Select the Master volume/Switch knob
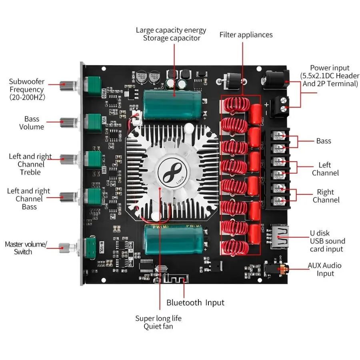pyautogui.click(x=65, y=247)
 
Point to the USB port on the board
pyautogui.click(x=278, y=237)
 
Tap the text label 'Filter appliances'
pyautogui.click(x=246, y=35)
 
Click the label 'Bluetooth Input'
pyautogui.click(x=195, y=303)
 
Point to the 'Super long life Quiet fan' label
pyautogui.click(x=158, y=322)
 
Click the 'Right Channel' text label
pyautogui.click(x=326, y=196)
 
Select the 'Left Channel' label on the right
pyautogui.click(x=325, y=169)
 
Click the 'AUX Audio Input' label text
pyautogui.click(x=325, y=269)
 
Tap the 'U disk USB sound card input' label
pyautogui.click(x=327, y=241)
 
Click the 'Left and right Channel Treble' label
pyautogui.click(x=30, y=164)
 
